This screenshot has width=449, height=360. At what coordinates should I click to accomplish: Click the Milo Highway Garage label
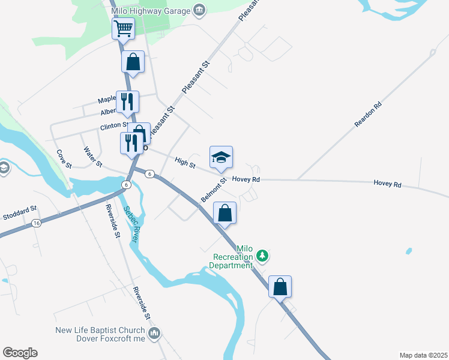pos(152,10)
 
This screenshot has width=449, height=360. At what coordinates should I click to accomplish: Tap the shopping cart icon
pos(123,28)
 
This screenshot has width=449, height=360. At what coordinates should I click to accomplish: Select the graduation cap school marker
pos(221,158)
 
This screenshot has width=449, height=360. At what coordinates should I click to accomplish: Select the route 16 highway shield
pos(37,223)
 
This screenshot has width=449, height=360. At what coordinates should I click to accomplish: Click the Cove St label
pos(64,159)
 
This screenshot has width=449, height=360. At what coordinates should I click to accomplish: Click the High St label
pos(185,161)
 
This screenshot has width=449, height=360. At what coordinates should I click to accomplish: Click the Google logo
pos(20,353)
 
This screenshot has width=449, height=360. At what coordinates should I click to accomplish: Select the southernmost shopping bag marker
pos(280,287)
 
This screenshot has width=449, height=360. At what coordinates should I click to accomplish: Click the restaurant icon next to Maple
pos(127,103)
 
